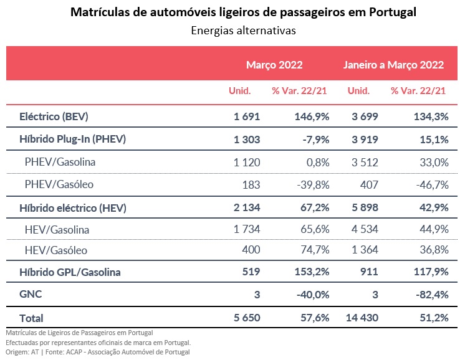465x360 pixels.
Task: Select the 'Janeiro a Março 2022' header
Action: [393, 64]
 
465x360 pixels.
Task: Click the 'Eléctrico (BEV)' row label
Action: [54, 116]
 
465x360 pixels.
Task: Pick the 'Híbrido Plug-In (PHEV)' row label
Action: [73, 140]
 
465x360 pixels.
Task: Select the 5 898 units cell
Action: [363, 208]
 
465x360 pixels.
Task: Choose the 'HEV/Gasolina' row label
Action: [57, 230]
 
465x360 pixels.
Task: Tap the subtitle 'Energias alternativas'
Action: [243, 29]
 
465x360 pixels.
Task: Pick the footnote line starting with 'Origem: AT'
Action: [97, 352]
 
